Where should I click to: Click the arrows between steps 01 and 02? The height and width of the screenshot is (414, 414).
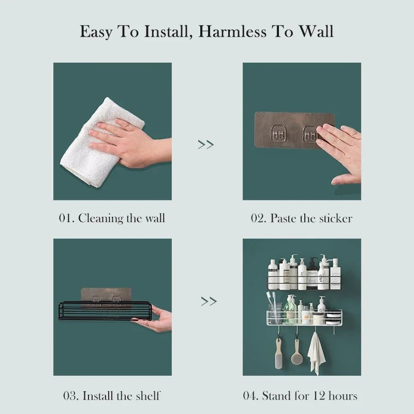point(206,145)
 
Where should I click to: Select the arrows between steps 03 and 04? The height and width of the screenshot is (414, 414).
point(209,301)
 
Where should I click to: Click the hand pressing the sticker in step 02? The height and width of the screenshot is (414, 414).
point(342,150)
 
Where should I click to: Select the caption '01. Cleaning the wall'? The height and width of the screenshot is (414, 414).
point(112,218)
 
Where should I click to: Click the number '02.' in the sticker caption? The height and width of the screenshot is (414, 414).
point(259,218)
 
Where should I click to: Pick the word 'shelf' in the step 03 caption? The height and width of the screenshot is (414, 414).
point(145,396)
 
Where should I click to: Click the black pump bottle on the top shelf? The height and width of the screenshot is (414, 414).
point(312,274)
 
